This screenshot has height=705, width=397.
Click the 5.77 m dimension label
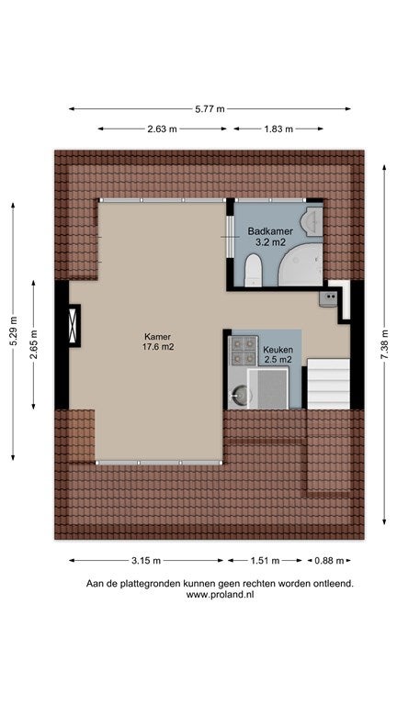tap(210, 109)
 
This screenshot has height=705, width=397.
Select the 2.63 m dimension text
tap(162, 129)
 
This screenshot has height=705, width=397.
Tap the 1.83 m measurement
tap(278, 129)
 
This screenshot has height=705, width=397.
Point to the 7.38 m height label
tap(384, 344)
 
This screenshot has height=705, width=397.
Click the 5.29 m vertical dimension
tap(13, 331)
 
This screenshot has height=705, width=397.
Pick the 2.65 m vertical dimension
tap(33, 345)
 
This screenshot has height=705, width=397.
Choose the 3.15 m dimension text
tap(146, 561)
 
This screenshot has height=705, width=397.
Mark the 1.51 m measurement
tap(265, 561)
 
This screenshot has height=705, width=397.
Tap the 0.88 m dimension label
tap(329, 561)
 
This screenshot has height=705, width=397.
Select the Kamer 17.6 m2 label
tap(157, 341)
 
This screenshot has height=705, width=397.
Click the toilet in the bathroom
tap(254, 270)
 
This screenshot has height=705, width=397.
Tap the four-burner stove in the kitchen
tap(244, 351)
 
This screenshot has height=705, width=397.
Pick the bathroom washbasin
tap(314, 221)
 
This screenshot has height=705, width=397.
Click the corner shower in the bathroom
tap(301, 264)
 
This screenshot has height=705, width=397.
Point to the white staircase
tap(328, 383)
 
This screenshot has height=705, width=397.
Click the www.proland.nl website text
tap(221, 595)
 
